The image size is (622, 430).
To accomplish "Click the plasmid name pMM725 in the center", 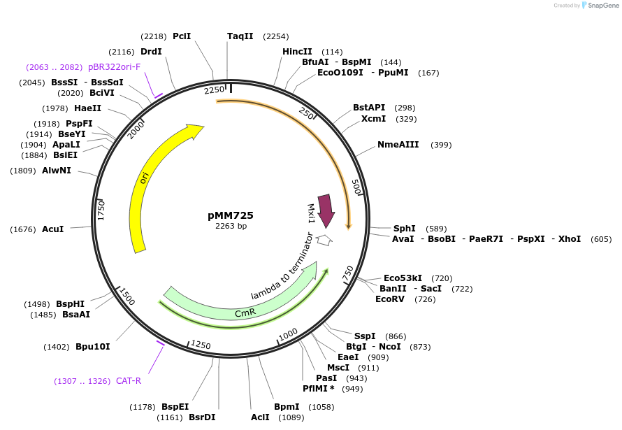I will tap(231, 215).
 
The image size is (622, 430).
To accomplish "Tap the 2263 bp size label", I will tap(231, 226).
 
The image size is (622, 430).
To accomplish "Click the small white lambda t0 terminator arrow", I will tap(324, 240).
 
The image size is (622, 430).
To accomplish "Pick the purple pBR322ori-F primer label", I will tap(114, 67).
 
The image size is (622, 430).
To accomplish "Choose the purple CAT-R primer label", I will tap(129, 381).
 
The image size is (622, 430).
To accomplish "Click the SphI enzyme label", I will tap(404, 229).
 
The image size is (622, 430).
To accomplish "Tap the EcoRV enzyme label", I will tap(390, 299).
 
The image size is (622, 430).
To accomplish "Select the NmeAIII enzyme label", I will tap(398, 145).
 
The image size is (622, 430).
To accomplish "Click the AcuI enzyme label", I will tap(52, 229).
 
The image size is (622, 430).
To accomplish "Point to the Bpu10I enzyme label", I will tap(92, 347).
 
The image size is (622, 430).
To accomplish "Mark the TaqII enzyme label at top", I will tap(240, 36).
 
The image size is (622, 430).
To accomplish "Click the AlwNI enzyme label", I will tap(56, 171).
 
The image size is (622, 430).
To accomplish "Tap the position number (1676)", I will tap(23, 229).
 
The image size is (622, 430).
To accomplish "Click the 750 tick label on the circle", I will tap(348, 275).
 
